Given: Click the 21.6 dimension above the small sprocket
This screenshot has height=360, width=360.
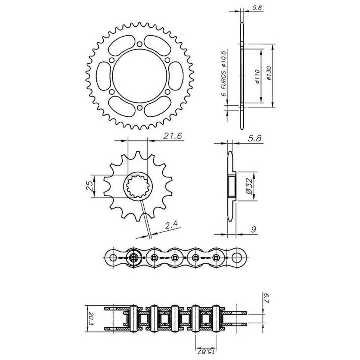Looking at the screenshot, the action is [x=172, y=136].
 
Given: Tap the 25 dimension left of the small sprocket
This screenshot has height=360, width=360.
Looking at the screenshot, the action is [x=89, y=186].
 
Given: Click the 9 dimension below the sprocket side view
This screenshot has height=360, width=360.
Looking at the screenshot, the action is [x=253, y=229].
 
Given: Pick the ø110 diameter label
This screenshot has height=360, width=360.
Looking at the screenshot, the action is [x=257, y=76].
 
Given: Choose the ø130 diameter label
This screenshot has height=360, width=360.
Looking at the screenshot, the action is [x=269, y=73].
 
